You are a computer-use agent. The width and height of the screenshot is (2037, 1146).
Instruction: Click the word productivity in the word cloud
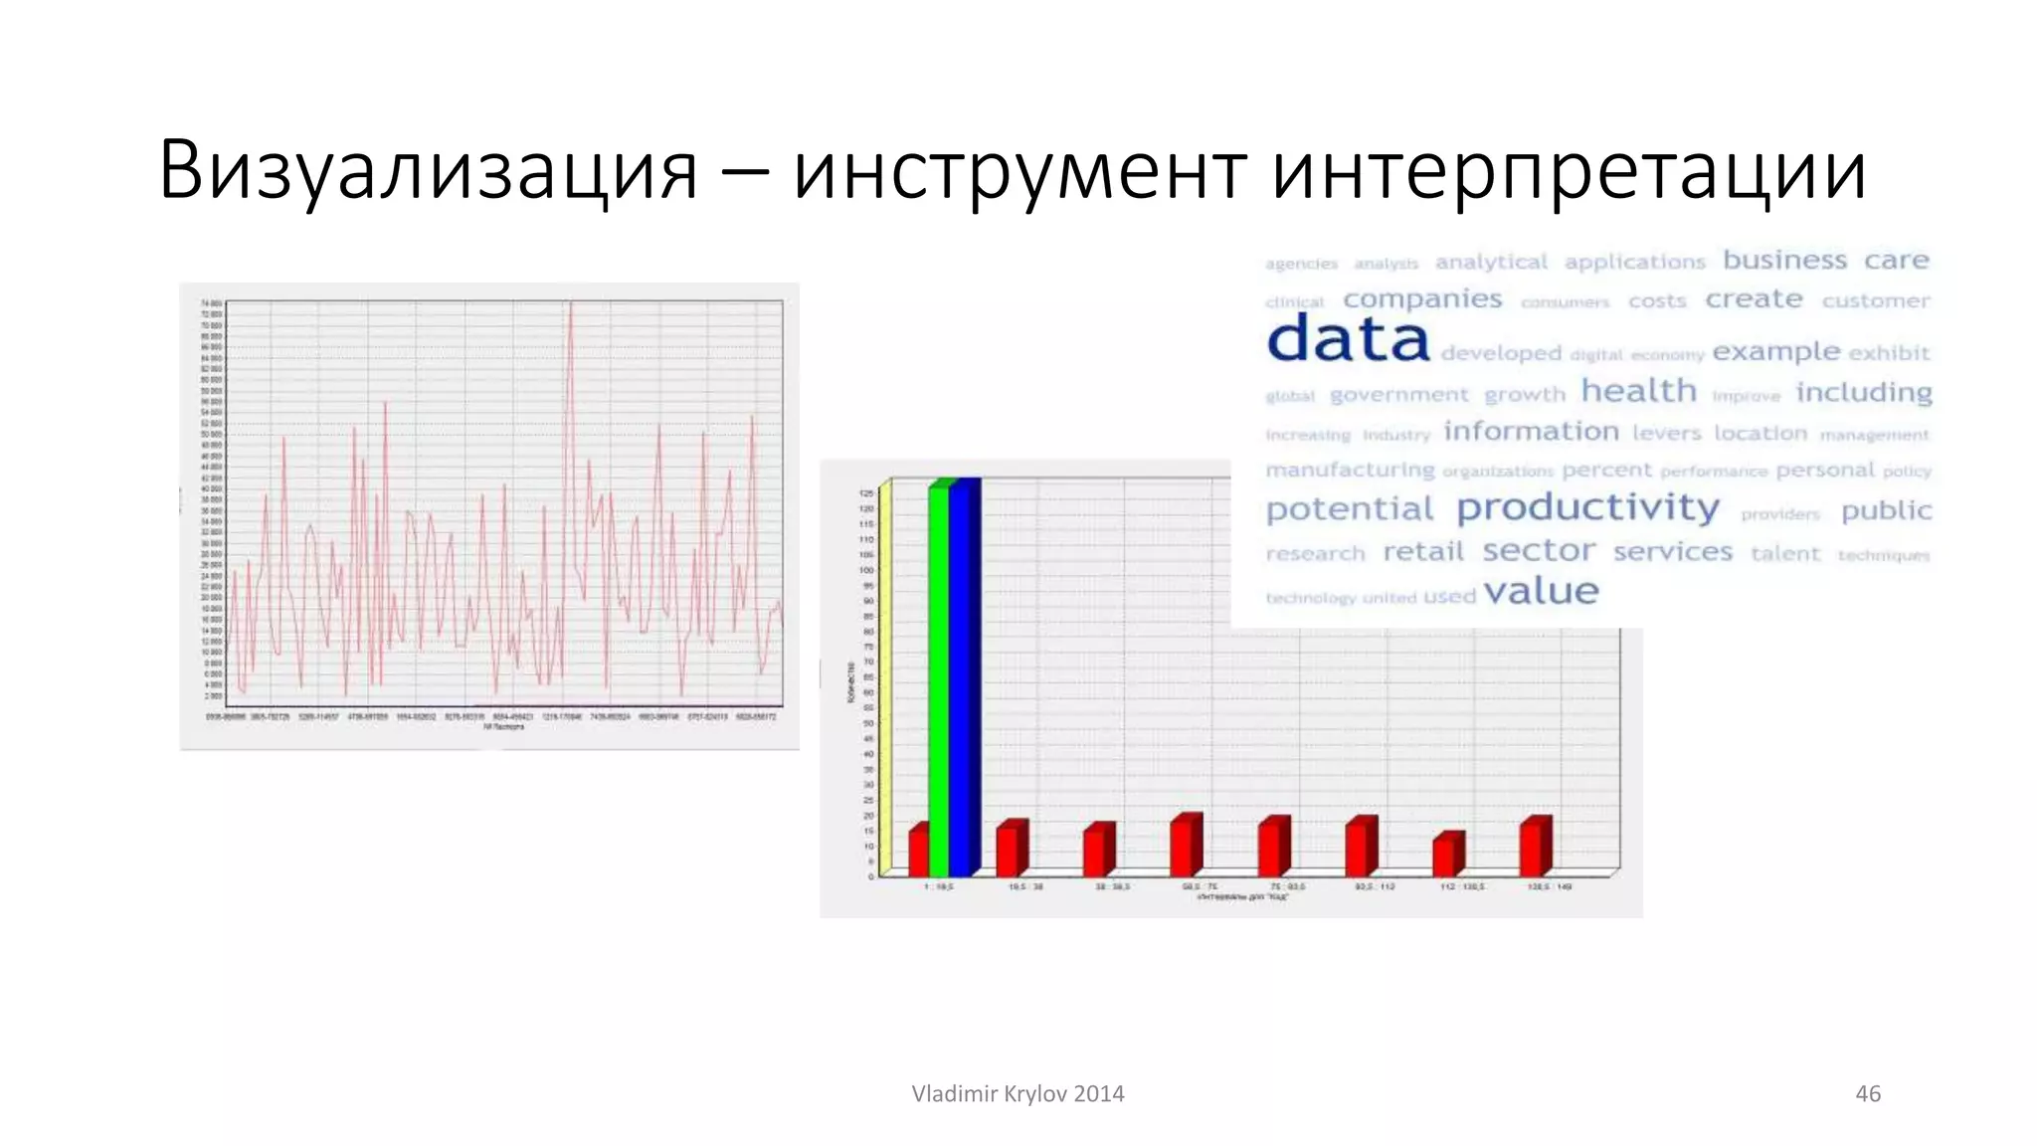(x=1587, y=508)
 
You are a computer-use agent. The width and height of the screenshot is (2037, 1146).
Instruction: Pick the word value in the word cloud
(x=1541, y=592)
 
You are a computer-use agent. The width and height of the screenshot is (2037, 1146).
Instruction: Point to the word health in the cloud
(x=1638, y=391)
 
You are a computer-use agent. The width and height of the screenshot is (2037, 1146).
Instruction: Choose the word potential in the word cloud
(x=1349, y=509)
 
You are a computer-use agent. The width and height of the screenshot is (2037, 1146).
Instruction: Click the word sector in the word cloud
(x=1538, y=550)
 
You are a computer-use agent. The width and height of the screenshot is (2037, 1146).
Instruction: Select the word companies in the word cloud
(x=1422, y=299)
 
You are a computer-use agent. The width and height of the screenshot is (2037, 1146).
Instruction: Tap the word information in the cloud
(x=1531, y=431)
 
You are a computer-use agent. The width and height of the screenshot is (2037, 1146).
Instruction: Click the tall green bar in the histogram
(x=939, y=676)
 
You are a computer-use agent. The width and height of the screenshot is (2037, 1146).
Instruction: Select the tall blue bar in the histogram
(x=963, y=676)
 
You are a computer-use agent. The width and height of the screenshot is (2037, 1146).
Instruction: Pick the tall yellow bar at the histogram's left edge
(x=884, y=676)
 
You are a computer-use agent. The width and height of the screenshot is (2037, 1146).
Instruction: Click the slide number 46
(x=1867, y=1093)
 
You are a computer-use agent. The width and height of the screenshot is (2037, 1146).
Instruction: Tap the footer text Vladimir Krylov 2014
(x=1018, y=1093)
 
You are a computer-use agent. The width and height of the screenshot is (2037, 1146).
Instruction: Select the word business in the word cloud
(x=1784, y=260)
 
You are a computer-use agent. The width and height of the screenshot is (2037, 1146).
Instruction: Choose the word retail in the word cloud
(x=1423, y=551)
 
